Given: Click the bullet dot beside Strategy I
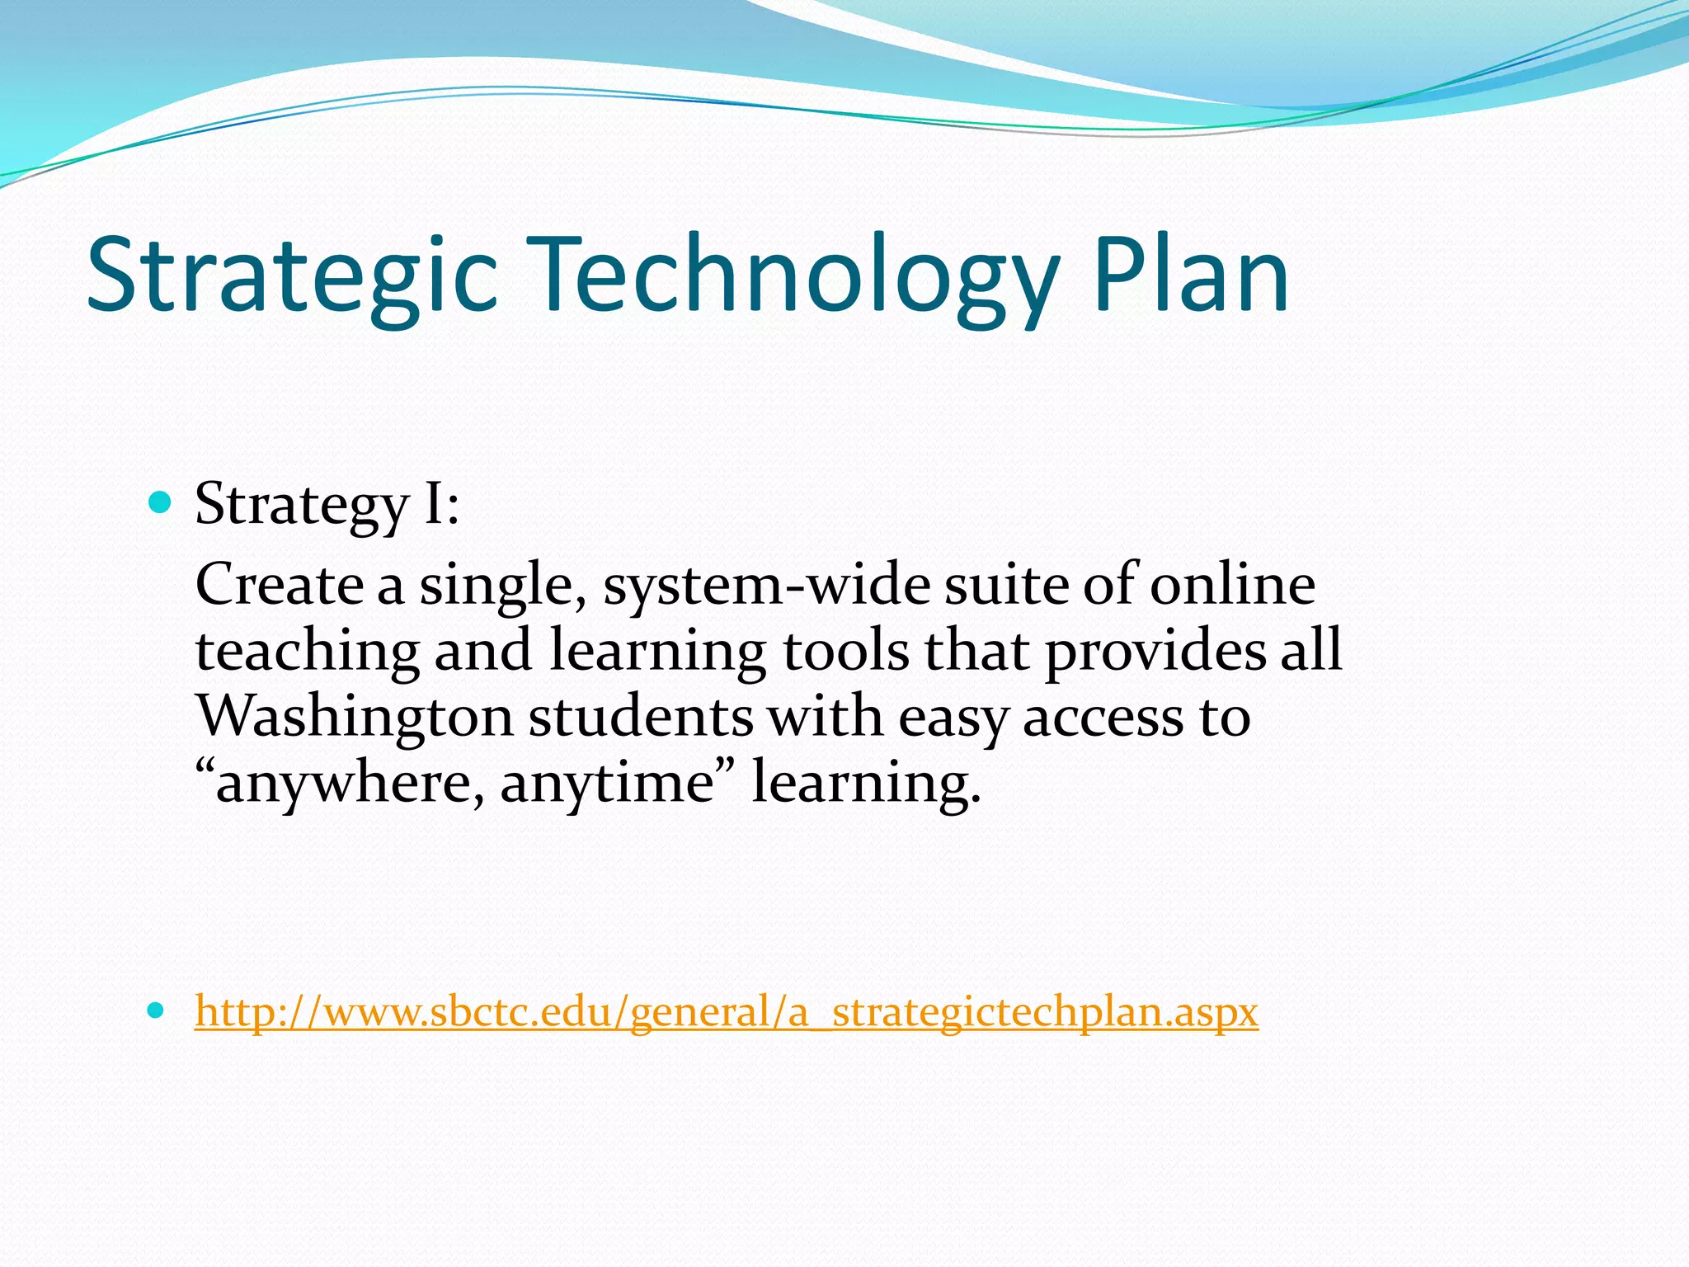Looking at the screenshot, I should [160, 502].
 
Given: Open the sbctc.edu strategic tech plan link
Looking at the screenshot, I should [726, 1011].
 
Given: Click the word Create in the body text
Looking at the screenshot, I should [280, 584].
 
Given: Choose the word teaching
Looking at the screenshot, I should [308, 652].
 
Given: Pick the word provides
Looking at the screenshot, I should [1156, 652].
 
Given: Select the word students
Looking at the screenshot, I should [641, 716].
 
